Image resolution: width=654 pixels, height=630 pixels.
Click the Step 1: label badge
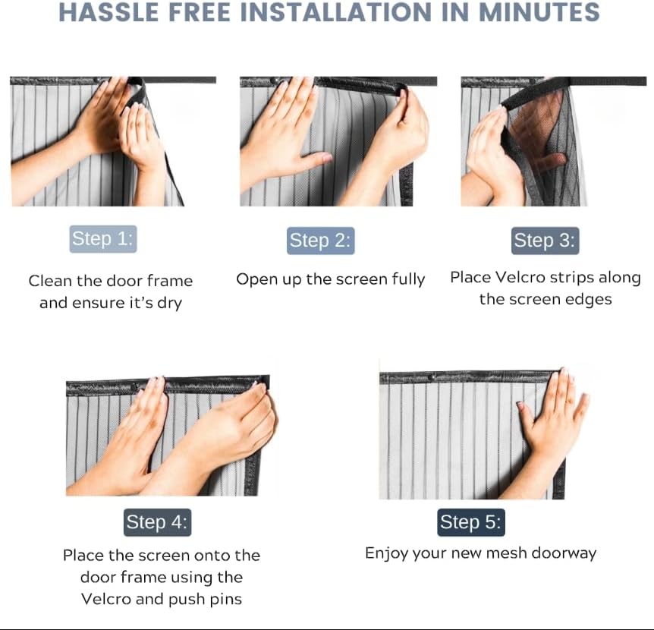[x=103, y=239]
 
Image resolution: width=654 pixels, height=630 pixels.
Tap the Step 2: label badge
[x=320, y=241]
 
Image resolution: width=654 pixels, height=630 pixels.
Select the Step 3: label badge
[x=546, y=241]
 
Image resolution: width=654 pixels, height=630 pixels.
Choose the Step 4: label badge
[x=157, y=522]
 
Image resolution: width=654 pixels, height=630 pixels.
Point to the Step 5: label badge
[x=471, y=522]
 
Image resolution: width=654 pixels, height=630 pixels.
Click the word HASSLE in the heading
[x=109, y=11]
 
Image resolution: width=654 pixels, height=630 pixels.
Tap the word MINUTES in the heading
[x=539, y=11]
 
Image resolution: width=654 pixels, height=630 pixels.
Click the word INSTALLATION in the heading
[x=336, y=11]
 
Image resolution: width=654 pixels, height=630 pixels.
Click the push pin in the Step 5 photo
[x=432, y=377]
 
